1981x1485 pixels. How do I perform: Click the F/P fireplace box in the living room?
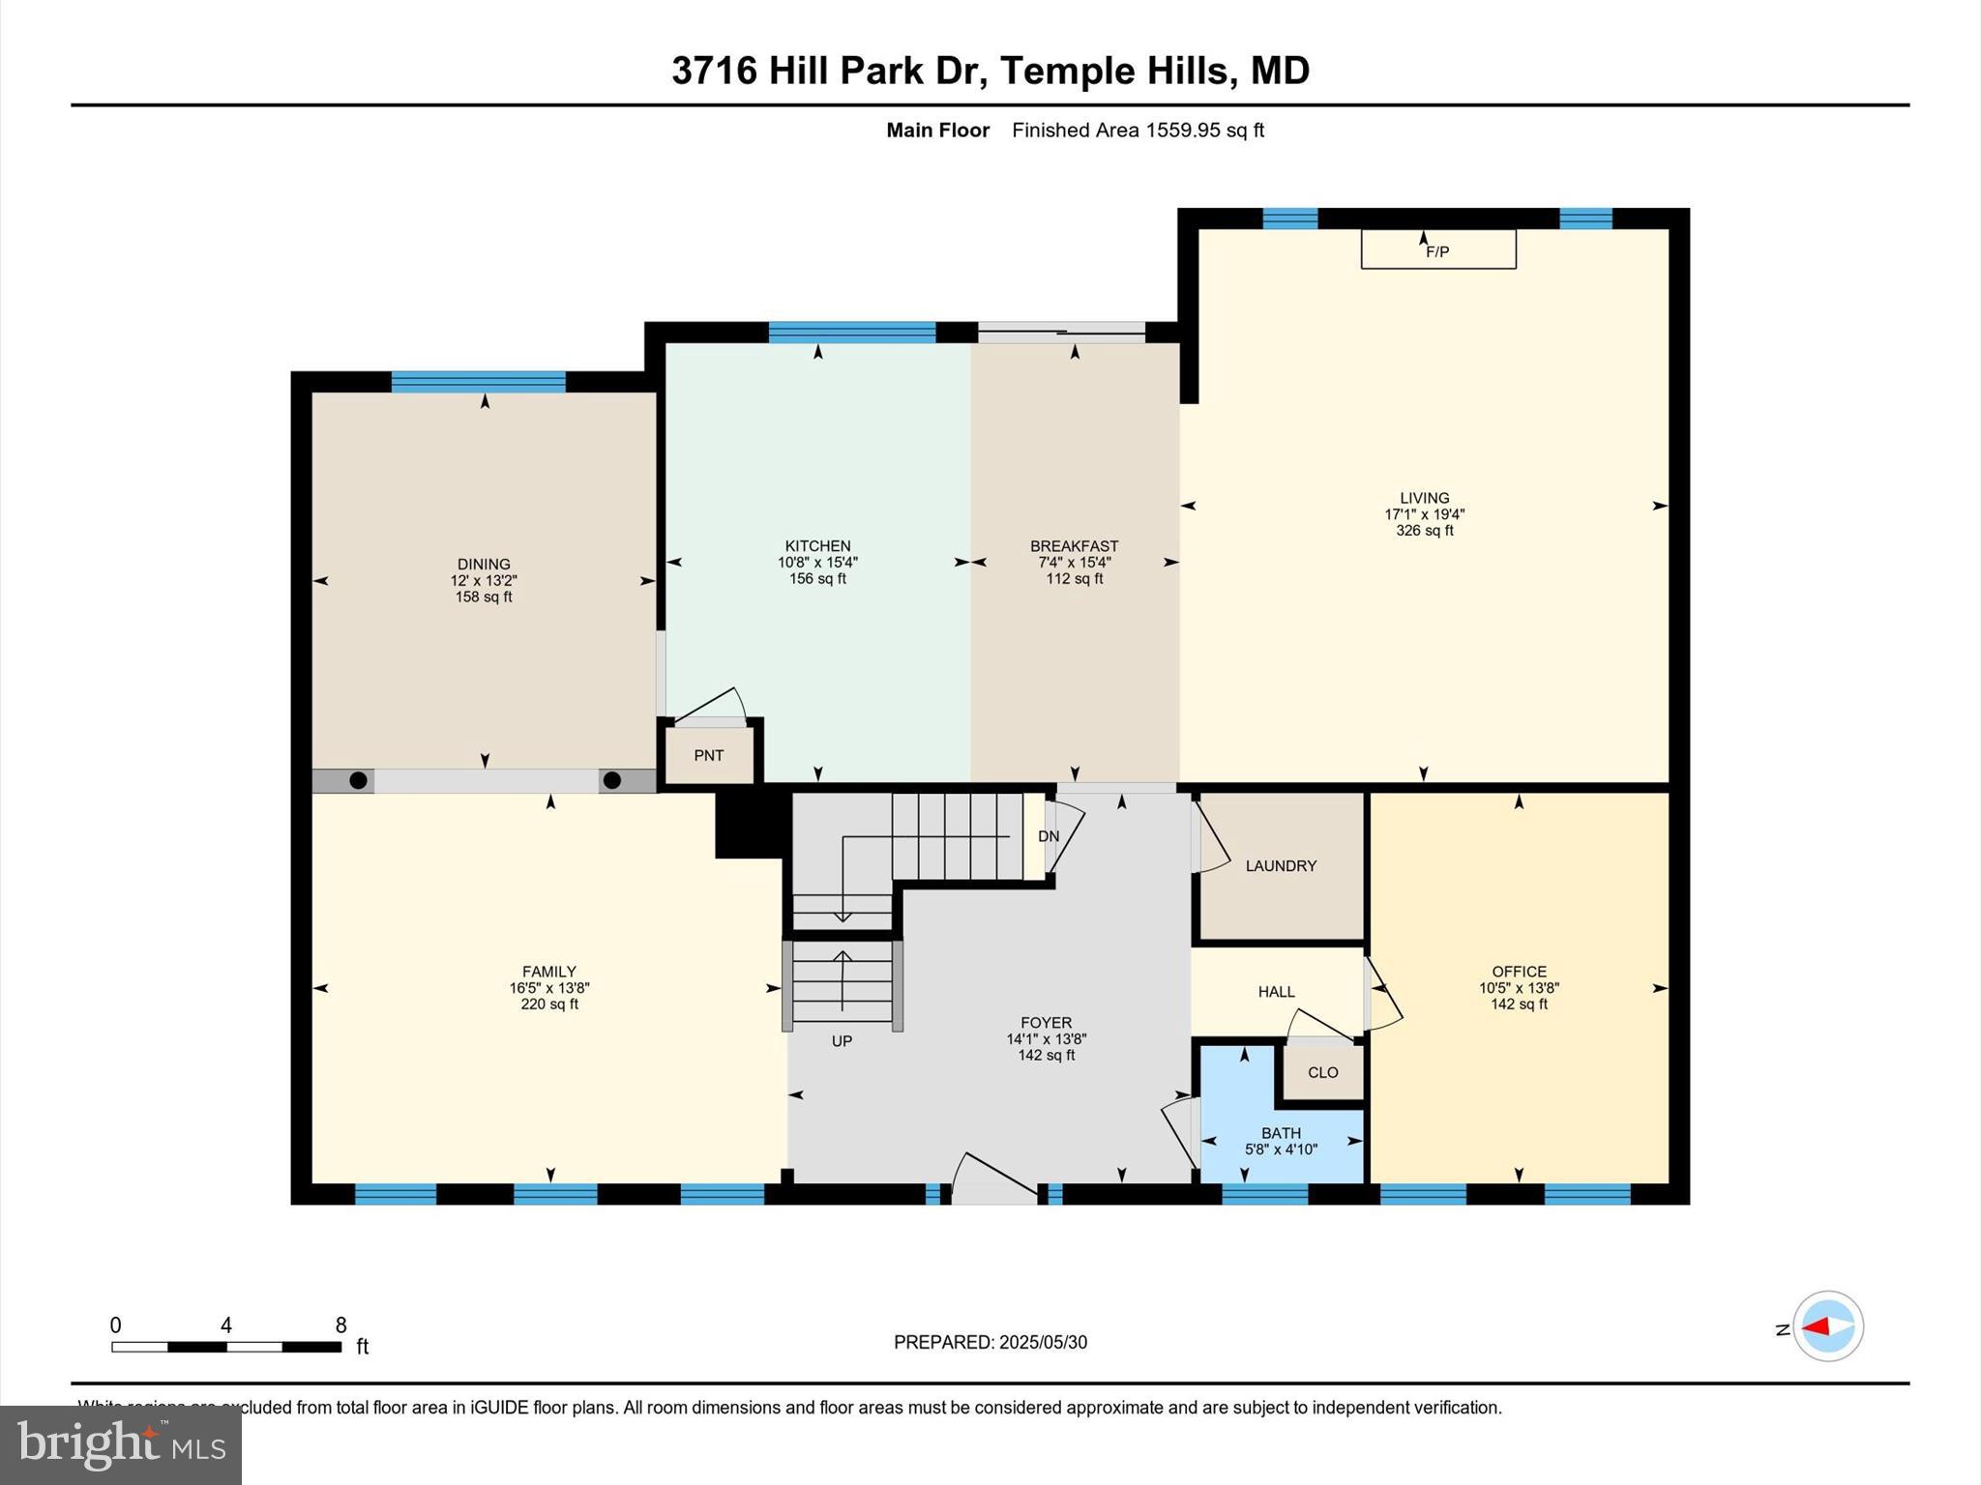pyautogui.click(x=1437, y=250)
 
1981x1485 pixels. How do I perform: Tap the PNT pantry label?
pyautogui.click(x=708, y=755)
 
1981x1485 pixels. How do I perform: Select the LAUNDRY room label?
pyautogui.click(x=1281, y=865)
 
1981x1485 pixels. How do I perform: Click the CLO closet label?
pyautogui.click(x=1322, y=1072)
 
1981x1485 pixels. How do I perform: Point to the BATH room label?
pyautogui.click(x=1281, y=1133)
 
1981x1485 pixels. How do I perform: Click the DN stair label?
pyautogui.click(x=1049, y=836)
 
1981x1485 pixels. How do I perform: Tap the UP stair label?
pyautogui.click(x=842, y=1041)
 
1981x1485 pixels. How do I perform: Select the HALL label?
pyautogui.click(x=1276, y=992)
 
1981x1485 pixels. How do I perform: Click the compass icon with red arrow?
pyautogui.click(x=1827, y=1326)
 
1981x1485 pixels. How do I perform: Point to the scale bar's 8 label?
pyautogui.click(x=340, y=1325)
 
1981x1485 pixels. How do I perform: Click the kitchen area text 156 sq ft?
pyautogui.click(x=817, y=579)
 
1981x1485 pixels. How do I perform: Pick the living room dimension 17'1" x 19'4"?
pyautogui.click(x=1424, y=514)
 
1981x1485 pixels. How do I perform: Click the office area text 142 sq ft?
pyautogui.click(x=1519, y=1005)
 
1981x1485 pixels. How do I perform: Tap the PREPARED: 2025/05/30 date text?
pyautogui.click(x=990, y=1342)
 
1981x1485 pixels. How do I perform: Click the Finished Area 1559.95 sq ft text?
pyautogui.click(x=1138, y=131)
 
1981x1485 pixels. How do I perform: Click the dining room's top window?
pyautogui.click(x=478, y=382)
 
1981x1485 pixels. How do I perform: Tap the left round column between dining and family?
pyautogui.click(x=358, y=780)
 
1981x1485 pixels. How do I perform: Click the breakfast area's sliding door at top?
pyautogui.click(x=1061, y=333)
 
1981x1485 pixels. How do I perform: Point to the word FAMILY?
pyautogui.click(x=548, y=972)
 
